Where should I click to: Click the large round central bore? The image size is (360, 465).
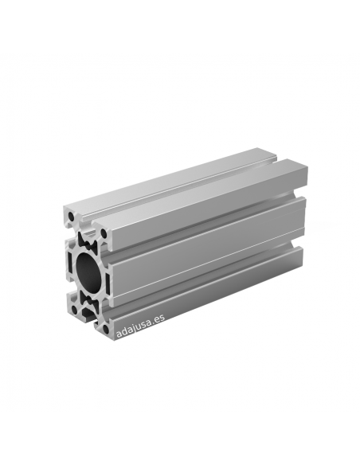pyautogui.click(x=88, y=271)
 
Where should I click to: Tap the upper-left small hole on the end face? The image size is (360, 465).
pyautogui.click(x=72, y=217)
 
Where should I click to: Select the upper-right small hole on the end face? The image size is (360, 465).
pyautogui.click(x=104, y=233)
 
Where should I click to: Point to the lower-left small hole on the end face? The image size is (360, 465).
pyautogui.click(x=74, y=311)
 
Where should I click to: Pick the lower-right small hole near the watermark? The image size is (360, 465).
pyautogui.click(x=106, y=329)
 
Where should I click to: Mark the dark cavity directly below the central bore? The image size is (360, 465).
pyautogui.click(x=89, y=301)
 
